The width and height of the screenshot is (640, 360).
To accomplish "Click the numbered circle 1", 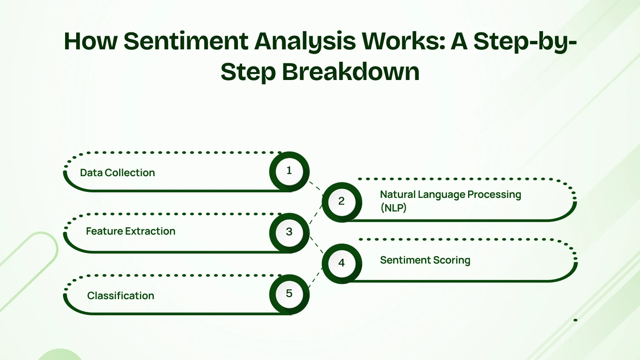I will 289,171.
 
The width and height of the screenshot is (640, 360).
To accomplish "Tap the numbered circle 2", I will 341,201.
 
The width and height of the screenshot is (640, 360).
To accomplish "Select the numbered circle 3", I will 289,232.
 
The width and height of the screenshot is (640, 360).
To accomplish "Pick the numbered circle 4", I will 341,263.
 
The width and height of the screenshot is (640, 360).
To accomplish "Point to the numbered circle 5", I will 289,294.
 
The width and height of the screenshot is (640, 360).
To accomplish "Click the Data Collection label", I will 117,173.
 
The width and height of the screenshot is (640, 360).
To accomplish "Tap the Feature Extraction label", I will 131,231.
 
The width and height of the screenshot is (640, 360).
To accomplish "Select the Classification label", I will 121,296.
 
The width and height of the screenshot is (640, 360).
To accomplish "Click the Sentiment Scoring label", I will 425,260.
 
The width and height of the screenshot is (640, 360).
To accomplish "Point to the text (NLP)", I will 394,208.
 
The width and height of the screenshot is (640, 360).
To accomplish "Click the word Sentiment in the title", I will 186,42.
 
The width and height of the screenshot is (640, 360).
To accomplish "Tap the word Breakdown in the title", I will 351,72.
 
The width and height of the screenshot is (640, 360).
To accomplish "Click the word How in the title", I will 90,42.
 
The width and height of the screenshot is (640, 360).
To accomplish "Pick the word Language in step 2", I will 441,195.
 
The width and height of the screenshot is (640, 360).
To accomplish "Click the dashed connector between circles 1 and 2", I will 315,186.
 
